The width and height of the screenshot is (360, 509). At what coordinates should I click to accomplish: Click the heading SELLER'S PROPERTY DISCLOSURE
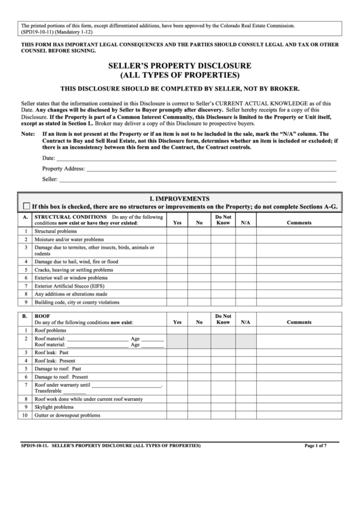179,66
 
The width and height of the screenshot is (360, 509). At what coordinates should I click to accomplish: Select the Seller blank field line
197,180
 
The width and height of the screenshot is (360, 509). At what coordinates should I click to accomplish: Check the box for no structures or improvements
26,205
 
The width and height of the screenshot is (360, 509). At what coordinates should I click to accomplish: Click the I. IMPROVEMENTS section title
179,196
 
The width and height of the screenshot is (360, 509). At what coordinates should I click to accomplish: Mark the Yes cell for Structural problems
177,231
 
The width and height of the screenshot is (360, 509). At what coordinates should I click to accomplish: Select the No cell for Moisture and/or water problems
200,240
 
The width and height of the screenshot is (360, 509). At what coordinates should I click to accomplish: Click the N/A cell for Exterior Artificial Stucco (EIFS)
245,285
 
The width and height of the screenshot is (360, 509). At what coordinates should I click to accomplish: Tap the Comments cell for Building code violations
299,302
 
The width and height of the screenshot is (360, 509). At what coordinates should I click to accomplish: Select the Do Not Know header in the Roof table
223,319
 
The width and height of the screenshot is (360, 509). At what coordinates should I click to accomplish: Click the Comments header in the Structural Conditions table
299,222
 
